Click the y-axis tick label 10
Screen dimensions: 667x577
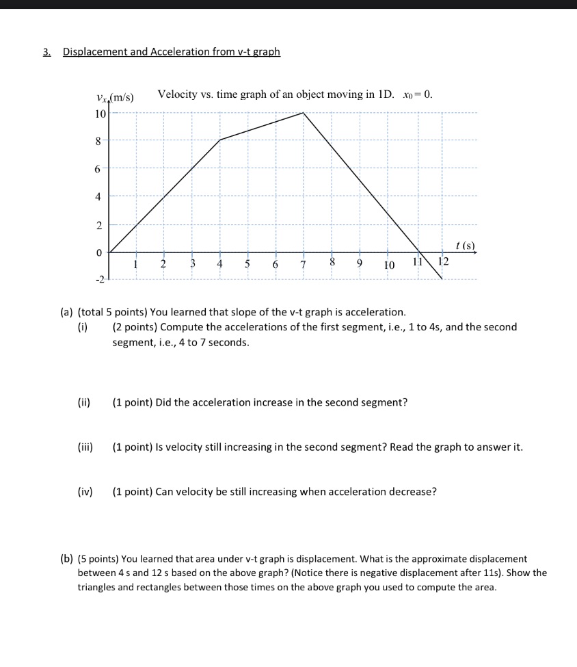(x=100, y=114)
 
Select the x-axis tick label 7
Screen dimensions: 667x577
(x=303, y=265)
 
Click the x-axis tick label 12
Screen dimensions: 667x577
(x=443, y=262)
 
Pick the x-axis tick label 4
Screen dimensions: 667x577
(x=219, y=264)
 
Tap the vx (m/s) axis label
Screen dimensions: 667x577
(x=116, y=97)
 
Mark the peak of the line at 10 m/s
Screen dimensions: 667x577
(x=304, y=113)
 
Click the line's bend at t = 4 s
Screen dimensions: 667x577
(x=219, y=140)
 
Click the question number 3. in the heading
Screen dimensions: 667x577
(x=46, y=52)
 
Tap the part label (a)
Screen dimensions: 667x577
(x=67, y=313)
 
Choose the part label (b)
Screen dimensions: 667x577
(x=67, y=559)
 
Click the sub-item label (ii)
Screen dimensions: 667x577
(x=85, y=402)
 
